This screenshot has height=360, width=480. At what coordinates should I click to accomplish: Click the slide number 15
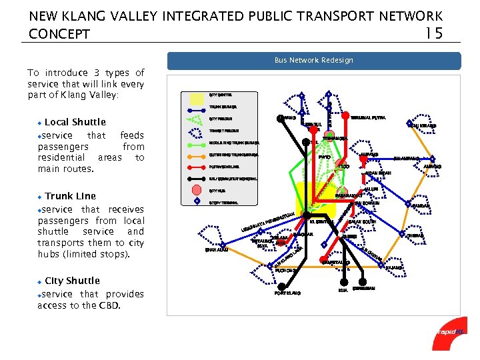click(x=433, y=33)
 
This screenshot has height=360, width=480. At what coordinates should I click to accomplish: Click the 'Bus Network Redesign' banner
click(x=313, y=60)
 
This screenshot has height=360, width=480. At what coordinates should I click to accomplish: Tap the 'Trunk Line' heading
click(x=70, y=196)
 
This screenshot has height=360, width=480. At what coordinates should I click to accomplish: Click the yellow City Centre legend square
click(x=197, y=99)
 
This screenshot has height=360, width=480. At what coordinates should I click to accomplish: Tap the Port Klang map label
click(x=287, y=293)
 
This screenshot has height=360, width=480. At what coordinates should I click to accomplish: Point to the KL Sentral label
click(x=322, y=222)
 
